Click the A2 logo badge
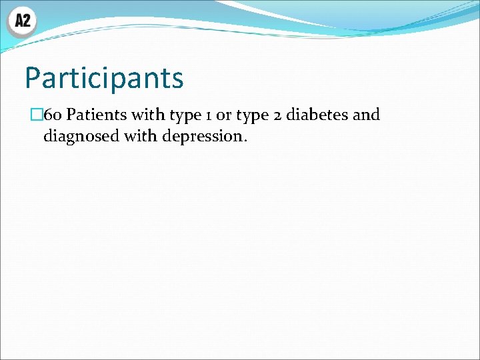21,21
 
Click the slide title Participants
104,78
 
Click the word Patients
97,115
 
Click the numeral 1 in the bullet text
208,115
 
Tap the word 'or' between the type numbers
224,116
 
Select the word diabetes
317,115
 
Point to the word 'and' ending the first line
366,115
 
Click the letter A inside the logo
18,21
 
